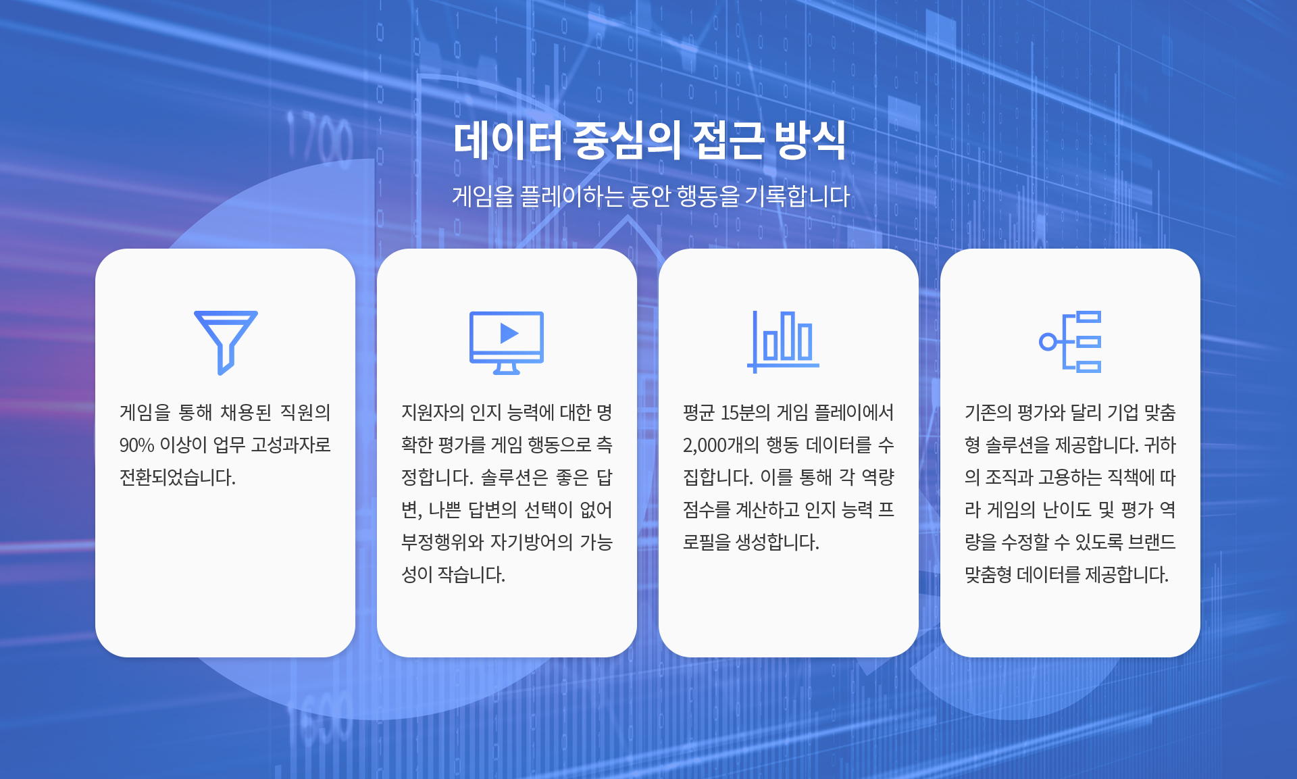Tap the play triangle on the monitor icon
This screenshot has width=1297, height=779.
click(509, 333)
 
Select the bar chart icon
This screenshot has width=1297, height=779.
click(783, 341)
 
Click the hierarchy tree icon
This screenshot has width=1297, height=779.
click(1070, 342)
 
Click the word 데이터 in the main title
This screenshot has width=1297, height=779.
click(508, 141)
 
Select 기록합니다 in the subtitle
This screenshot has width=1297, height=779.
click(797, 196)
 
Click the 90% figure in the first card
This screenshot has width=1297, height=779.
click(137, 445)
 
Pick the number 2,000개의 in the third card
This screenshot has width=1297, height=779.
click(721, 445)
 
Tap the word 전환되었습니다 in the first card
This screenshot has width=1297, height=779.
click(178, 478)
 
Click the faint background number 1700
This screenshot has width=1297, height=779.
click(320, 139)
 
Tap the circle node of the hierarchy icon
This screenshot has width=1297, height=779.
click(1048, 342)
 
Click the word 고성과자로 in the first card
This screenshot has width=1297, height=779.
click(291, 445)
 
